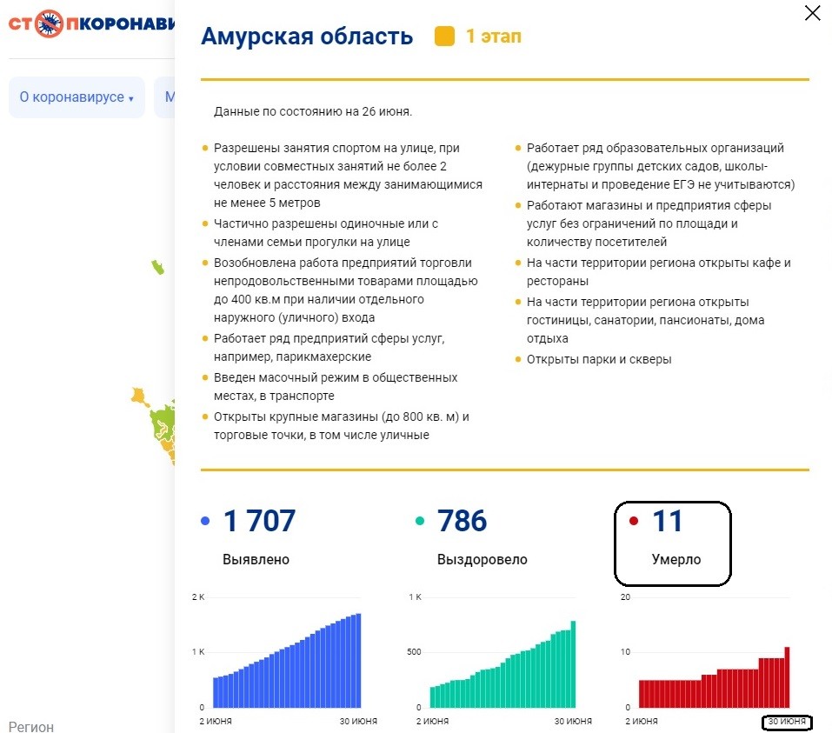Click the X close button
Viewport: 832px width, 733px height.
coord(812,13)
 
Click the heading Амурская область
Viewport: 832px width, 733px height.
coord(307,37)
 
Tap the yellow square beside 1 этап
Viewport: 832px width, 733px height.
coord(444,37)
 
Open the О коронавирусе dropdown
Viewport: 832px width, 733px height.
coord(77,97)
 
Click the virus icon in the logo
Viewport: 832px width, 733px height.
coord(49,23)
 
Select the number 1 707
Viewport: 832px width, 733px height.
coord(259,521)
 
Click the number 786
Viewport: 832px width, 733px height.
coord(462,521)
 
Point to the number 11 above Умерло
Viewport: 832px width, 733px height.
coord(667,521)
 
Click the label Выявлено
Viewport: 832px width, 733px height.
coord(256,559)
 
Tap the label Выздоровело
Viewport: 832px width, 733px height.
coord(482,559)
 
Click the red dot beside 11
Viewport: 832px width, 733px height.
coord(633,521)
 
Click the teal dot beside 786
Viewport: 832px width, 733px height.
coord(420,521)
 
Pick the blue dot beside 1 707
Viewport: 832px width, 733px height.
coord(205,521)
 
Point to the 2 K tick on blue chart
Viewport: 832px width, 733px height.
coord(198,597)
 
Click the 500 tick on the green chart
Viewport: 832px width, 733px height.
coord(414,652)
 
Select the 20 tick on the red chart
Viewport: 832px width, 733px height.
coord(626,597)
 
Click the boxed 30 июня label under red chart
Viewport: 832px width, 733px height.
coord(787,722)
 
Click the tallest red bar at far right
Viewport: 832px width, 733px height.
coord(788,677)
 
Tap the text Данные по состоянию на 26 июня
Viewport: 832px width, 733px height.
coord(312,111)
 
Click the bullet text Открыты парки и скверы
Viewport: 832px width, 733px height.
coord(599,359)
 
